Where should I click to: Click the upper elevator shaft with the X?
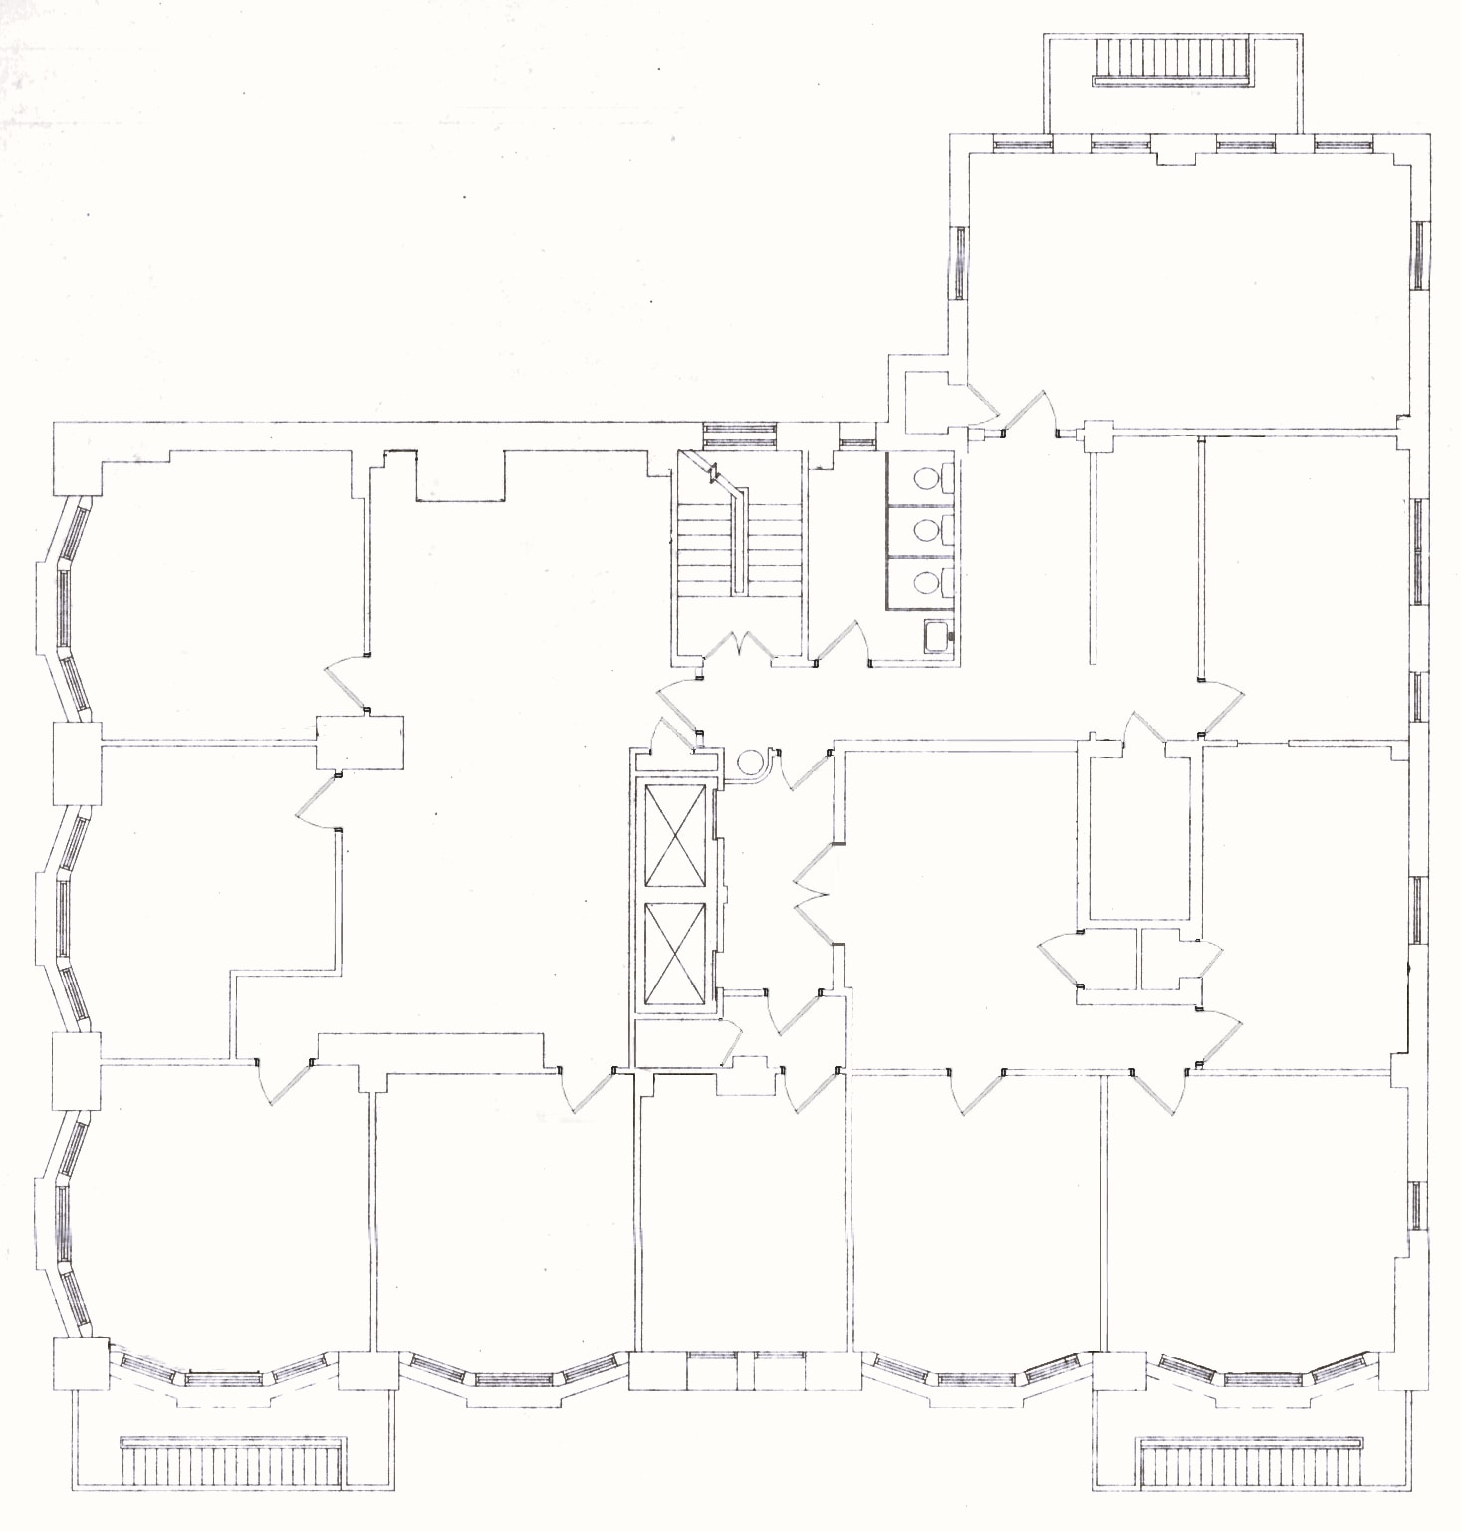click(676, 834)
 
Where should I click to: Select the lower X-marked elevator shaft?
click(676, 954)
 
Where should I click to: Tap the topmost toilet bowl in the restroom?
click(926, 478)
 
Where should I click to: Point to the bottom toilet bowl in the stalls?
click(926, 583)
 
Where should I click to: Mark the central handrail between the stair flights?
click(739, 543)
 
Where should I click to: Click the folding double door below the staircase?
click(738, 646)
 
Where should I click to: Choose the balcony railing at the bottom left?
click(234, 1464)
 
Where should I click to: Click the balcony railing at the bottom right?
click(1250, 1464)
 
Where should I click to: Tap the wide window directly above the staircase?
click(740, 434)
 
